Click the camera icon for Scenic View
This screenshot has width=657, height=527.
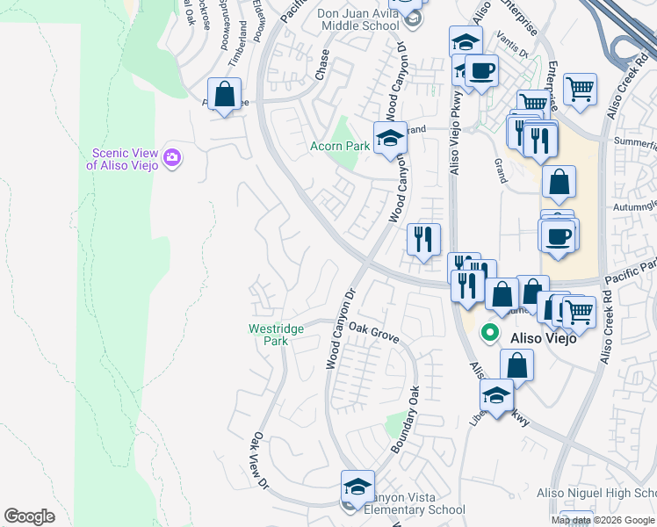coord(172,156)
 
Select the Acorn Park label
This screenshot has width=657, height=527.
coord(339,147)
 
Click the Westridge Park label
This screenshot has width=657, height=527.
coord(276,335)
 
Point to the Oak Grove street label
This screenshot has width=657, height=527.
coord(374,332)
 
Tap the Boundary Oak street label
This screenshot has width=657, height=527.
coord(406,419)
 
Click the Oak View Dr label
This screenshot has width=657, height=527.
coord(258,458)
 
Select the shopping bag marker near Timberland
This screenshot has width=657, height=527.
coord(225,94)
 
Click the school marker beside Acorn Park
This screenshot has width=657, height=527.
coord(391,138)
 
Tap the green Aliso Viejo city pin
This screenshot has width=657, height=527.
coord(489,335)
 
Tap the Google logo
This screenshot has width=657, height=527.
coord(29,516)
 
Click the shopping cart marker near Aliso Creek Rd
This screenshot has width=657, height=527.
coord(580,89)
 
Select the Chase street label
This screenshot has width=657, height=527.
coord(321,65)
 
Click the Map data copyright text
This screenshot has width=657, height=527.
coord(603,520)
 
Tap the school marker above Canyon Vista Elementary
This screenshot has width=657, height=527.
coord(357,487)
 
